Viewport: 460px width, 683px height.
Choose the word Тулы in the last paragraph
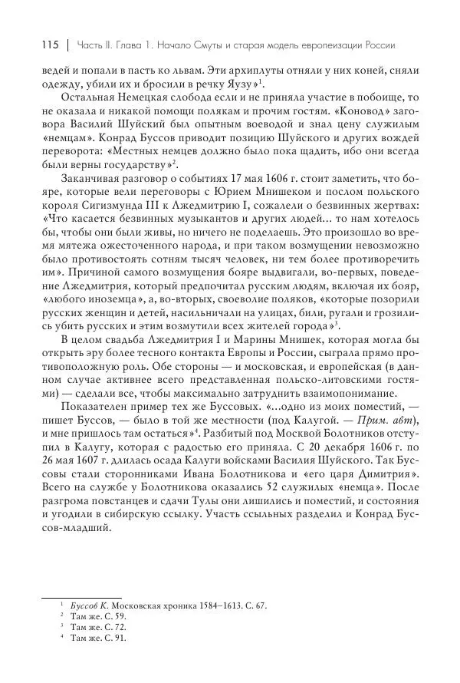tap(209, 520)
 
